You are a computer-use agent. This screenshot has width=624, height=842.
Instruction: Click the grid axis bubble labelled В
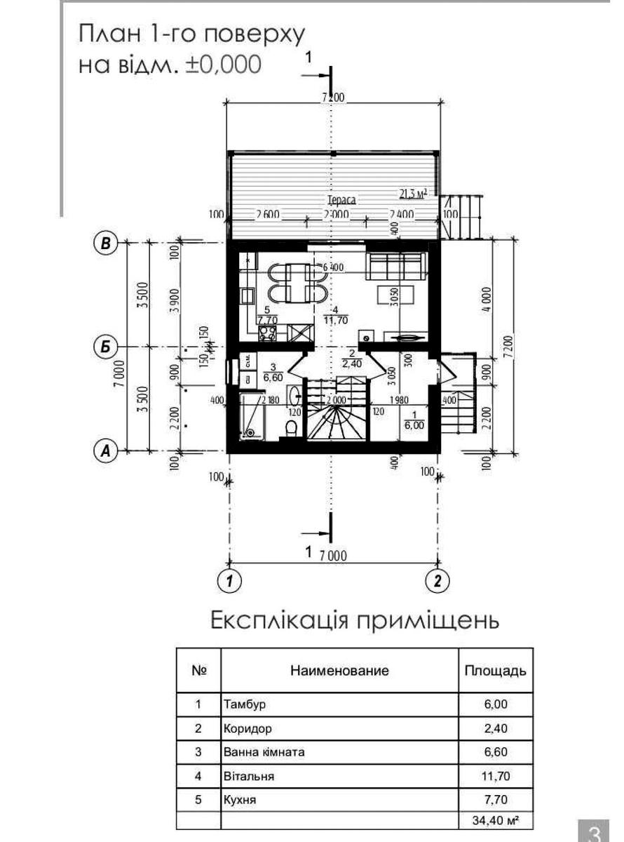[106, 243]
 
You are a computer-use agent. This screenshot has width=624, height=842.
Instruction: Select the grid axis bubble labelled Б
[106, 347]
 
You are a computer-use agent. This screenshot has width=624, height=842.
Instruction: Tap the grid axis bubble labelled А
[106, 450]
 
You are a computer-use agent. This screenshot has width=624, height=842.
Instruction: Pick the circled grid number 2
[438, 581]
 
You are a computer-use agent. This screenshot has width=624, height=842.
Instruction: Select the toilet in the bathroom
[293, 427]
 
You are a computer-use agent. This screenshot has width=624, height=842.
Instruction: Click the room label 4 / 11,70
[332, 315]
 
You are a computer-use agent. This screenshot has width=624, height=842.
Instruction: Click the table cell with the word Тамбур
[339, 704]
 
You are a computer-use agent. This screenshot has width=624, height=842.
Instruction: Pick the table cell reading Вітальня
[339, 776]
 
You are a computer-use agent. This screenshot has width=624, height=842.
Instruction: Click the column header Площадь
[495, 670]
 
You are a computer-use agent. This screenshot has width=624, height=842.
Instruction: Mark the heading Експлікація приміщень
[355, 621]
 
